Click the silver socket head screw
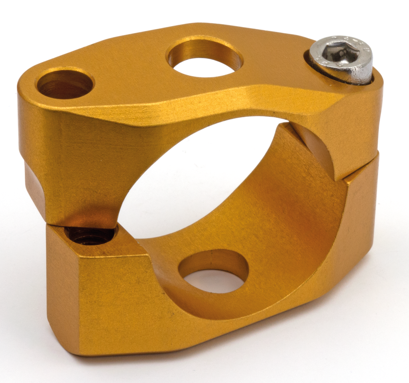pos(341,60)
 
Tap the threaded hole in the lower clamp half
pos(90,235)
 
